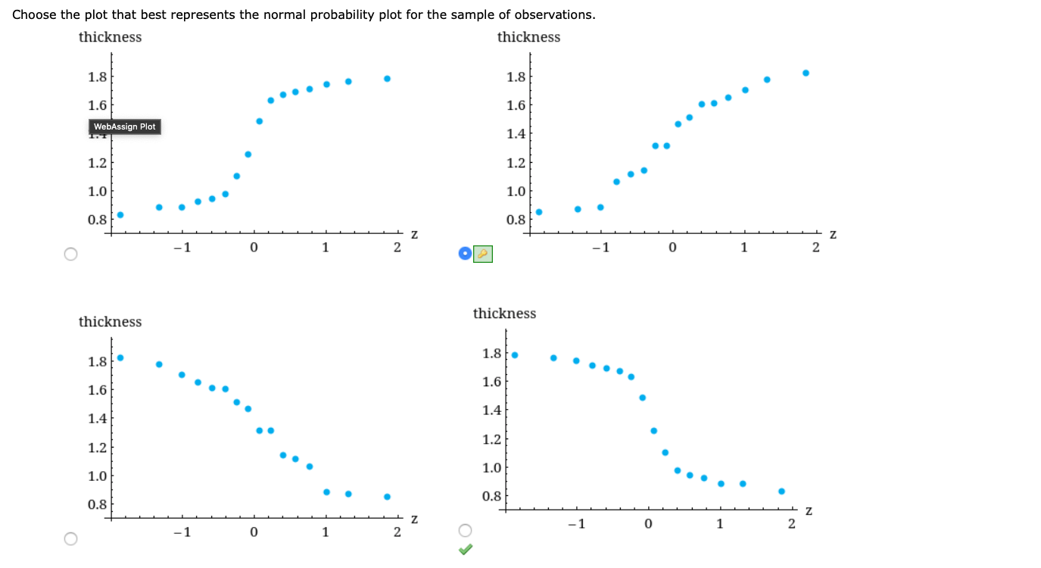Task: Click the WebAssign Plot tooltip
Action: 125,126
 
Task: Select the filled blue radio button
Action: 465,254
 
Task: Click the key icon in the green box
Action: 483,254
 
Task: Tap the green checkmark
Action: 466,551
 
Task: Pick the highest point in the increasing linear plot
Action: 806,73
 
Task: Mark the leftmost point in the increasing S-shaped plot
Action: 120,214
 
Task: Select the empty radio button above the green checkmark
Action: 465,530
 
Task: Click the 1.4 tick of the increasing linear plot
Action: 516,134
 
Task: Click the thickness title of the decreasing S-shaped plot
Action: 504,314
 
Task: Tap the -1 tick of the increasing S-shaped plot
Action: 180,248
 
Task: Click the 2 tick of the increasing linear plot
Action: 815,248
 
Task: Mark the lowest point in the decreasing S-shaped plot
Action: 781,491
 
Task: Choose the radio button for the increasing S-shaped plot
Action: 70,254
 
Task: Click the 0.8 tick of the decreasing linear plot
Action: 97,504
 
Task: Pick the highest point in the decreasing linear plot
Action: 120,357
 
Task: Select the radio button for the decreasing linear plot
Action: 70,538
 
